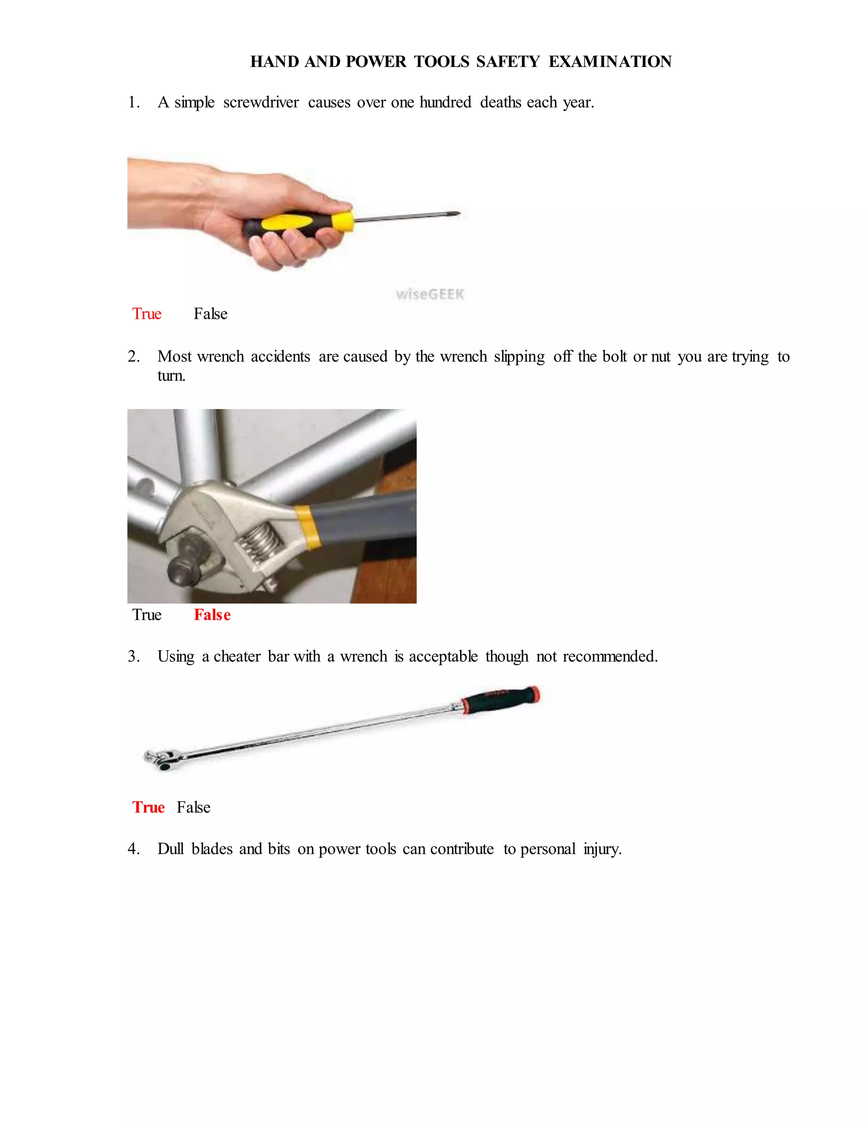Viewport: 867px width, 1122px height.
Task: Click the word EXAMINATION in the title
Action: [610, 62]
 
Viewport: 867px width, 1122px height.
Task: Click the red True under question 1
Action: [147, 313]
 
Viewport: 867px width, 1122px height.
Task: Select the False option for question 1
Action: [210, 313]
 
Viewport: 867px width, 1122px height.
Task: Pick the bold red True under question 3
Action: [149, 807]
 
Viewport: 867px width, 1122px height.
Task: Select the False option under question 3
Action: [193, 807]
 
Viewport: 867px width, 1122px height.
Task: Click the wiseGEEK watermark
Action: [430, 294]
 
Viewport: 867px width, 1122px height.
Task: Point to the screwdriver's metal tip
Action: [455, 214]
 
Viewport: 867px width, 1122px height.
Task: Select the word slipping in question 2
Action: [519, 356]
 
